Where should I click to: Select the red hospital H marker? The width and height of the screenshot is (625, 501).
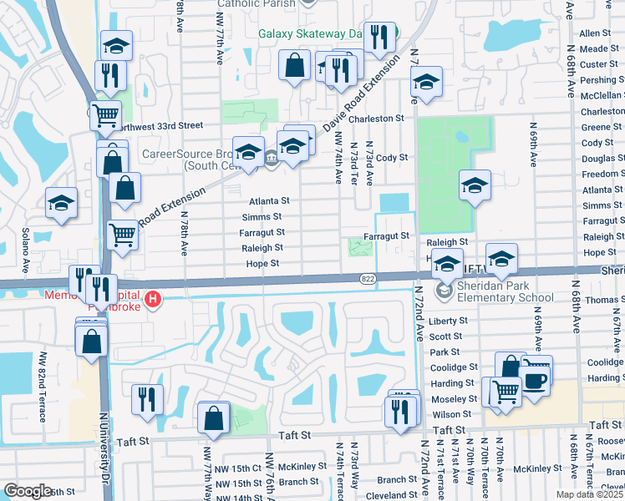(x=152, y=299)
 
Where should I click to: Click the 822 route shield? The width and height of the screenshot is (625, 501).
(x=368, y=278)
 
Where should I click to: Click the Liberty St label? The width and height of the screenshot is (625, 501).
(x=448, y=321)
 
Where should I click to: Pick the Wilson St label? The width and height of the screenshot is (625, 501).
(x=452, y=414)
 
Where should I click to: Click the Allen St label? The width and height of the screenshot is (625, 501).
(x=596, y=33)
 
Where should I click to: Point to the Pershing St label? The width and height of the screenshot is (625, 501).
(x=599, y=80)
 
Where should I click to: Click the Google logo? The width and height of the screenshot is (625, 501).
(x=28, y=491)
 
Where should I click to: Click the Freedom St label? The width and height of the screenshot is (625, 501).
(x=601, y=175)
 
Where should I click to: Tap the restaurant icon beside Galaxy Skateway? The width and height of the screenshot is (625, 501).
(x=381, y=37)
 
